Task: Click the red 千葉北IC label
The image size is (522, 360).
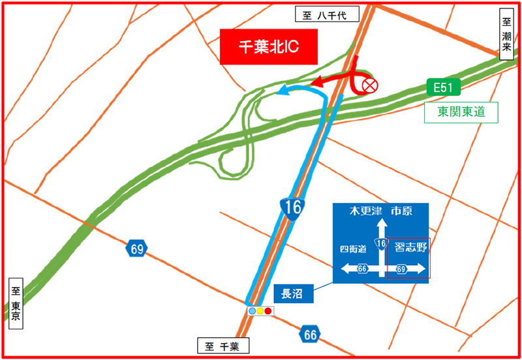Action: pyautogui.click(x=268, y=47)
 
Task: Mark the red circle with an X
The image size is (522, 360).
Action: pyautogui.click(x=369, y=85)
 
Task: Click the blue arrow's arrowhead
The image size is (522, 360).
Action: pyautogui.click(x=281, y=92)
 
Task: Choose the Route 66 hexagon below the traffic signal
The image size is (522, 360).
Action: pyautogui.click(x=311, y=335)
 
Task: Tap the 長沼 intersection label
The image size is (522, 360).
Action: pyautogui.click(x=293, y=293)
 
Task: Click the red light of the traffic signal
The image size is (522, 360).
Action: pyautogui.click(x=268, y=311)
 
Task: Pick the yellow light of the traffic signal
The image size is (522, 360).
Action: pyautogui.click(x=260, y=311)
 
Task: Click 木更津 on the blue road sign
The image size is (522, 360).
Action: pyautogui.click(x=365, y=211)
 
